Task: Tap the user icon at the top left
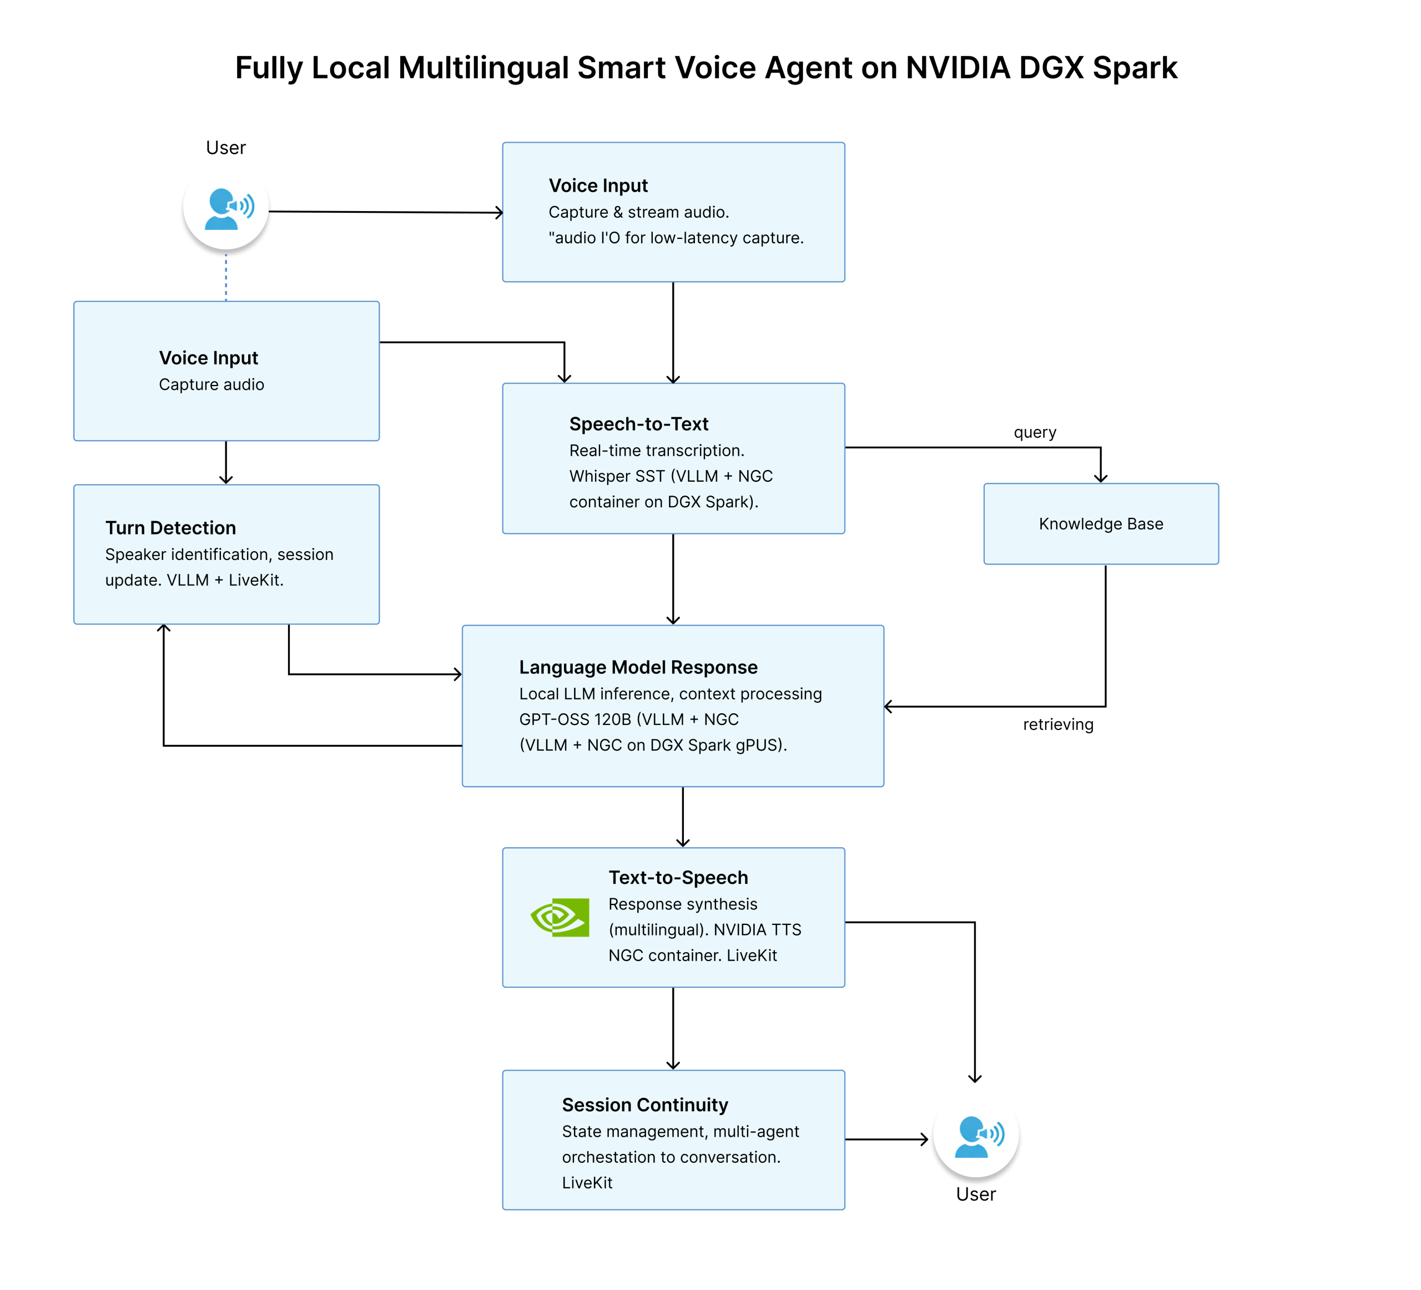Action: (225, 208)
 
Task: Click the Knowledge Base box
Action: (1100, 524)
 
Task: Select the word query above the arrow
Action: (1034, 432)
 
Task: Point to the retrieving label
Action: (1057, 724)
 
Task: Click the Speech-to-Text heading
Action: (638, 424)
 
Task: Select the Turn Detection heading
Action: (170, 528)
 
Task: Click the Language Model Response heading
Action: (638, 667)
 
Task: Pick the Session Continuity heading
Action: (644, 1104)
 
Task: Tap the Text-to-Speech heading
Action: (678, 877)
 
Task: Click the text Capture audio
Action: (211, 384)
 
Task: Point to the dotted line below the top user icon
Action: (225, 277)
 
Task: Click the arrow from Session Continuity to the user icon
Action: (886, 1139)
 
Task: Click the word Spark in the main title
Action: (1134, 68)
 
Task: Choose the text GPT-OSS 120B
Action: (575, 719)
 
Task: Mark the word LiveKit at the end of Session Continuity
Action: (587, 1183)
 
